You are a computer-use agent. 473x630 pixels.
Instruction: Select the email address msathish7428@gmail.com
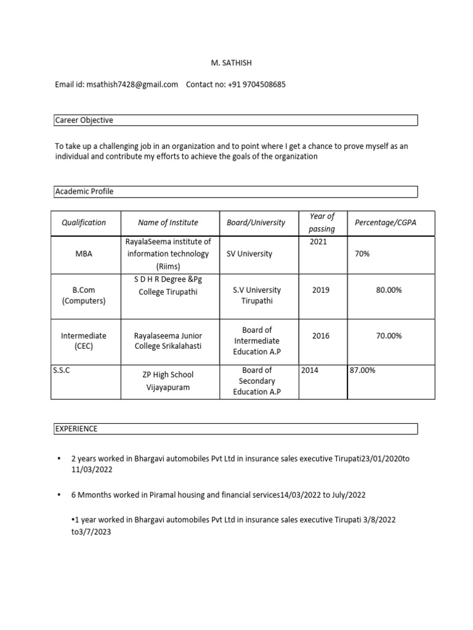click(x=132, y=84)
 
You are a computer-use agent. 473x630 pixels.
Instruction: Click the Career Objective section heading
click(x=84, y=121)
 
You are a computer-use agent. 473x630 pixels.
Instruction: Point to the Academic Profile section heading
click(x=85, y=191)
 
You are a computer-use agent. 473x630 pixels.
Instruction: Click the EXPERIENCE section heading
click(x=76, y=428)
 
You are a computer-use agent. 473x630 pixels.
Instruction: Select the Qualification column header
click(x=84, y=223)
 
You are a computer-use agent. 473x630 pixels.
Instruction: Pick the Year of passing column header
click(x=322, y=223)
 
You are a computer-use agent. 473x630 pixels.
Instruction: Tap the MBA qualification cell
click(x=84, y=253)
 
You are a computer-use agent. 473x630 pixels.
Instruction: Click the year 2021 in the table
click(x=318, y=242)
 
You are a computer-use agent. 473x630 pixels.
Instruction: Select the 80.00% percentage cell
click(x=389, y=290)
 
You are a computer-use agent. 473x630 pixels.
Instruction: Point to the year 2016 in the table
click(x=321, y=336)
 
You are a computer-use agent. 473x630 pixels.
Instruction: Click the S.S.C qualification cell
click(x=62, y=370)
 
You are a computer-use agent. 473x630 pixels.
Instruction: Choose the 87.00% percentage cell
click(x=363, y=370)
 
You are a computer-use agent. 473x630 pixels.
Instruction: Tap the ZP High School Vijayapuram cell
click(x=168, y=380)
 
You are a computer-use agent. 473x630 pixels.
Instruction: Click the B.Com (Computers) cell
click(x=84, y=295)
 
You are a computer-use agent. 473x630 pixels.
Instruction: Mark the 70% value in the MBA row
click(x=362, y=253)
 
